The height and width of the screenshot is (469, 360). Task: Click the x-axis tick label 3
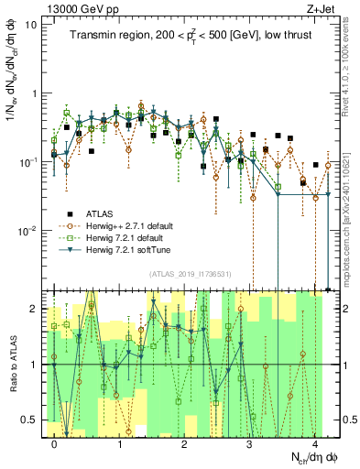[x=250, y=444]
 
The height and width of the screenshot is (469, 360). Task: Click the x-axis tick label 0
[x=55, y=444]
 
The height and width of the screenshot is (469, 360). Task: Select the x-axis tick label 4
[x=315, y=444]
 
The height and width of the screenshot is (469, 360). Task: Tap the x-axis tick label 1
[x=120, y=444]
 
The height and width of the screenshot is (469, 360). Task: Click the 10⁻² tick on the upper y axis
[x=29, y=231]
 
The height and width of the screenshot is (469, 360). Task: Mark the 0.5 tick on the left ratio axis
[x=33, y=420]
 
